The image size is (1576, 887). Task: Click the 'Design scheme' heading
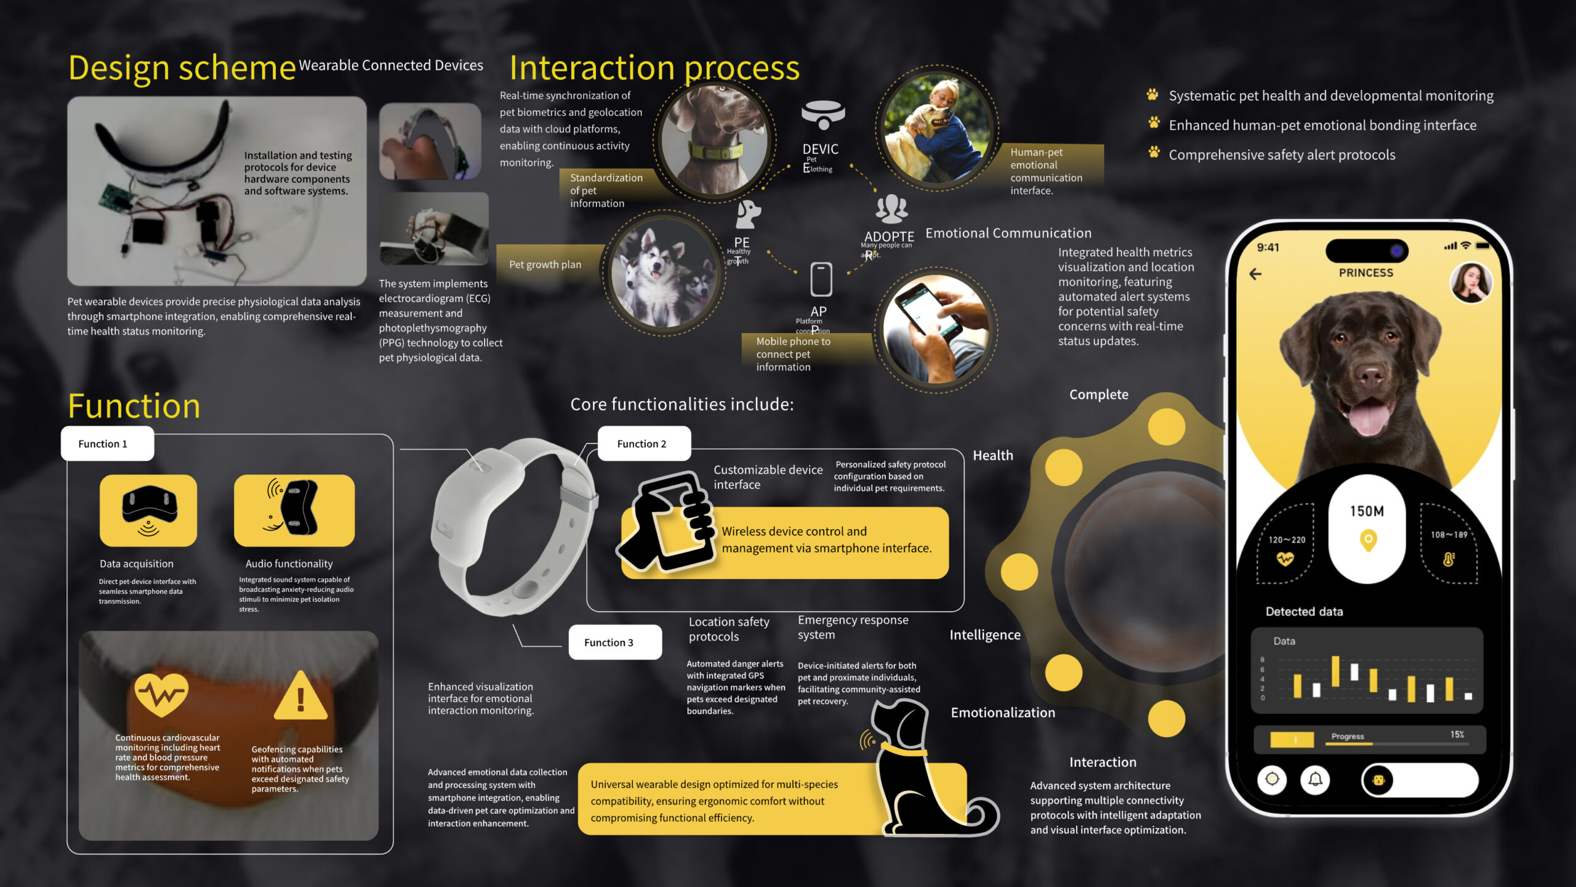(x=182, y=68)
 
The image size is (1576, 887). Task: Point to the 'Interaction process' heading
(x=654, y=68)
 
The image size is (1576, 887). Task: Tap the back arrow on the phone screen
(x=1255, y=274)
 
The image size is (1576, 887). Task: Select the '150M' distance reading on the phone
(x=1367, y=511)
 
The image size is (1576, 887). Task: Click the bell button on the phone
(x=1315, y=780)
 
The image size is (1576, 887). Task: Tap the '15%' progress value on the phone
(x=1457, y=735)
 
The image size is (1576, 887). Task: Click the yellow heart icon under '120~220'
(x=1285, y=559)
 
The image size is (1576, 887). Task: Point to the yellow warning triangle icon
(x=300, y=697)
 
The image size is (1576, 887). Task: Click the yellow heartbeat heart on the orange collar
(x=161, y=695)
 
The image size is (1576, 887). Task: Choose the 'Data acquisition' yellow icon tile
(x=148, y=510)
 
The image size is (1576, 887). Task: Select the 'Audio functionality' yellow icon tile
(x=294, y=510)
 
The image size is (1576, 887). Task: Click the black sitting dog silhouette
(x=917, y=770)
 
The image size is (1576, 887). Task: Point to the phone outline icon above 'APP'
(x=821, y=280)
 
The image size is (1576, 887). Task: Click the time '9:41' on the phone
(x=1268, y=248)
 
